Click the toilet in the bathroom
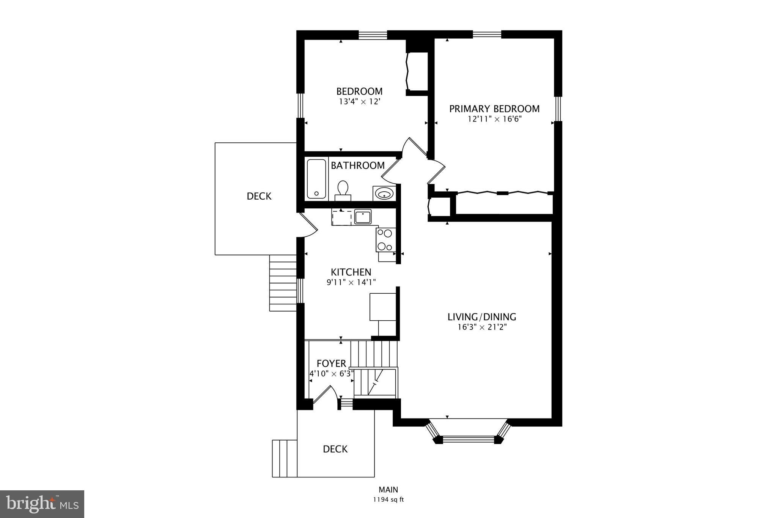pyautogui.click(x=343, y=190)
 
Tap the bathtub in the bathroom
pyautogui.click(x=316, y=179)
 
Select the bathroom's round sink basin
pyautogui.click(x=384, y=194)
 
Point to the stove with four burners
pyautogui.click(x=385, y=240)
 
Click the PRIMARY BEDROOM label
pyautogui.click(x=494, y=109)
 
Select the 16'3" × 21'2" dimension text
pyautogui.click(x=482, y=327)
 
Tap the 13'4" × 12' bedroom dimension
pyautogui.click(x=359, y=102)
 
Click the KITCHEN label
pyautogui.click(x=351, y=272)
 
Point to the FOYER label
pyautogui.click(x=331, y=363)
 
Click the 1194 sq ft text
pyautogui.click(x=388, y=499)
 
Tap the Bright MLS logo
pyautogui.click(x=42, y=504)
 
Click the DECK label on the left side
pyautogui.click(x=259, y=196)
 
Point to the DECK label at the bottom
pyautogui.click(x=335, y=449)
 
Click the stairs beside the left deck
pyautogui.click(x=283, y=283)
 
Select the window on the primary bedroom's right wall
pyautogui.click(x=558, y=109)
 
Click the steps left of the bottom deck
pyautogui.click(x=285, y=458)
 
